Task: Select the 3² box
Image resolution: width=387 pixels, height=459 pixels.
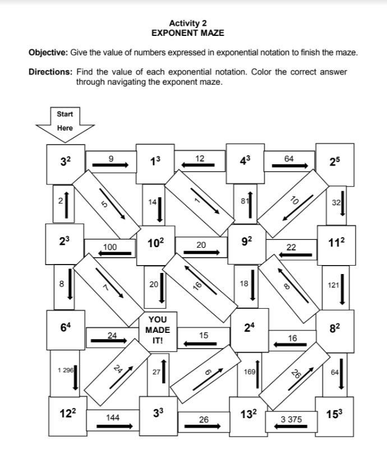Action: (66, 163)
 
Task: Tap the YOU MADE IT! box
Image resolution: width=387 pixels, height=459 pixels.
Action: (158, 330)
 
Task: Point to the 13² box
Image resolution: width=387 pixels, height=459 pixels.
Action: (248, 415)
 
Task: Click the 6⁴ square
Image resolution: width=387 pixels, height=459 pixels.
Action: (66, 328)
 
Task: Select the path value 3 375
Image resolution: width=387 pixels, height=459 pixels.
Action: (291, 419)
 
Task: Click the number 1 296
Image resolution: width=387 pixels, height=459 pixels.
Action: (66, 370)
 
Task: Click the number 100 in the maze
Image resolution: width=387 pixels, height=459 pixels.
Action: (110, 247)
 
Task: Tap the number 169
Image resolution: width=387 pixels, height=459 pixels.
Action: (249, 371)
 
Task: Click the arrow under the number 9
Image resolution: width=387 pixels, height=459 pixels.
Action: (110, 164)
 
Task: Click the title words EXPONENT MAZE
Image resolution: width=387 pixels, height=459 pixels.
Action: (187, 33)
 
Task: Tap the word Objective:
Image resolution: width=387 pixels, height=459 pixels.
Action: (48, 53)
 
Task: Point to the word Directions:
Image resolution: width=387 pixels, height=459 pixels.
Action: (50, 72)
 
